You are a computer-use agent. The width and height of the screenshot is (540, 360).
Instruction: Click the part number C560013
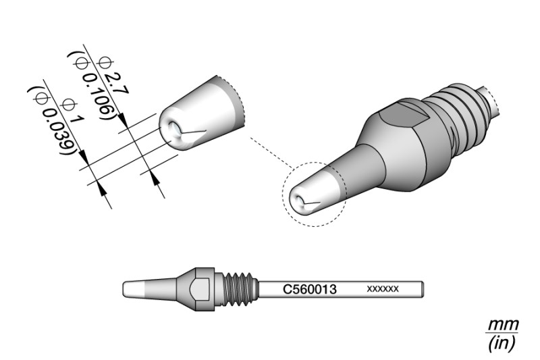pos(310,289)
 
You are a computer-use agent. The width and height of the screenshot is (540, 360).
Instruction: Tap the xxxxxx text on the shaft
pos(383,288)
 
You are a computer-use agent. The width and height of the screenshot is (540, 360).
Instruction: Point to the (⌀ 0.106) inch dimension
pos(91,86)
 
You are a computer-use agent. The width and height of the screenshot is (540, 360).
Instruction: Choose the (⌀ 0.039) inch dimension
pos(52,122)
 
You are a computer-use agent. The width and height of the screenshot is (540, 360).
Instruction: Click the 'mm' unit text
pos(504,324)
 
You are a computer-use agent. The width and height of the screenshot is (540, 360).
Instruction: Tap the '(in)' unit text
pos(502,343)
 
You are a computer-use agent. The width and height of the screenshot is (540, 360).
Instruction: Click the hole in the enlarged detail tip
pos(174,129)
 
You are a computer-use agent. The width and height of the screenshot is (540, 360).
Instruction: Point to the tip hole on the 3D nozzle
pos(298,200)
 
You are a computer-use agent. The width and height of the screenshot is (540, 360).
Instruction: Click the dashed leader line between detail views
pos(272,153)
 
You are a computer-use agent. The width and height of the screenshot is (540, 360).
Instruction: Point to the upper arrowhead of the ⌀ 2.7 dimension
pos(123,121)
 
